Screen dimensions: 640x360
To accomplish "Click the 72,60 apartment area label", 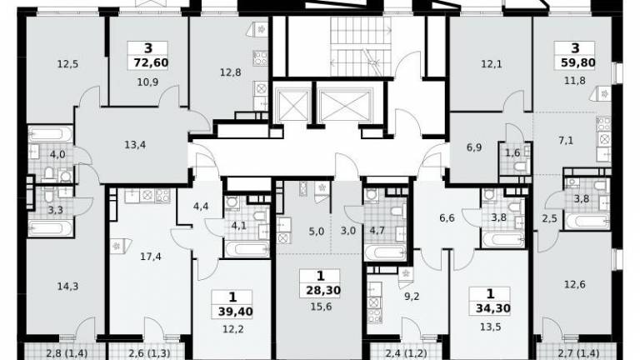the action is click(x=151, y=62).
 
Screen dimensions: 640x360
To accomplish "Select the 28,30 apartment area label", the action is click(x=322, y=291).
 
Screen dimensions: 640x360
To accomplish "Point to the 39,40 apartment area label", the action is click(x=236, y=312).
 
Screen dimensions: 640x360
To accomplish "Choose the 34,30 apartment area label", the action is click(x=493, y=308).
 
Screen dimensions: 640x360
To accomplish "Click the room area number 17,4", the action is click(x=151, y=257).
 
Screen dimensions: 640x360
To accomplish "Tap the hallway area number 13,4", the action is click(x=135, y=145).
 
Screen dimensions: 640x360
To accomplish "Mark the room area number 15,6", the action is click(x=321, y=307).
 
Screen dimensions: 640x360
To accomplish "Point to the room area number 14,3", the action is click(x=67, y=287).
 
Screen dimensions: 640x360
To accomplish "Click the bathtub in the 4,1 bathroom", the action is click(x=247, y=249).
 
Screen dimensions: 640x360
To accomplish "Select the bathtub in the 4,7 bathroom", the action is click(x=385, y=252).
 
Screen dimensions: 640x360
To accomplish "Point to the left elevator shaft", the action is click(x=292, y=106).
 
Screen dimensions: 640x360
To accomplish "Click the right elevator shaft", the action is click(x=345, y=106).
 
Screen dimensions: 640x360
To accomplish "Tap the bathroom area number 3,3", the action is click(x=56, y=210).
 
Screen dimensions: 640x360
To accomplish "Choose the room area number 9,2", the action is click(x=412, y=297).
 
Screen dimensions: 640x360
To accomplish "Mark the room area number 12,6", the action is click(x=575, y=284).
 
